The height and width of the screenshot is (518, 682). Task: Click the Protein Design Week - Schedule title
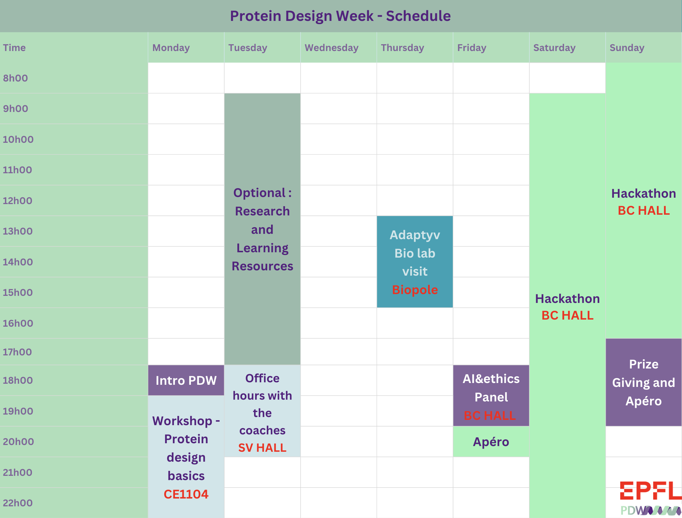[340, 16]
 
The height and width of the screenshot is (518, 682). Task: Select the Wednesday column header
[331, 48]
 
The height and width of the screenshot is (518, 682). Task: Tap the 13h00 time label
[18, 231]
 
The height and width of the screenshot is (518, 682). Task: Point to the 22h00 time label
[18, 503]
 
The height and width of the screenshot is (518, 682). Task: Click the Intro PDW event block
[186, 381]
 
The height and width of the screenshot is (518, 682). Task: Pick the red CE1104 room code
[186, 494]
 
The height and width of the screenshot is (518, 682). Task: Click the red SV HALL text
[262, 448]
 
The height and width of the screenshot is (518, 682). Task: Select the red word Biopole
[415, 290]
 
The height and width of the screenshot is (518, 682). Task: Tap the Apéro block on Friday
[491, 442]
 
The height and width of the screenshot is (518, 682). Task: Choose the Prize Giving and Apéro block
[643, 383]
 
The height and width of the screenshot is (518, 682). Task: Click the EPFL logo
[650, 491]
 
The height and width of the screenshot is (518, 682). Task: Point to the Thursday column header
[402, 48]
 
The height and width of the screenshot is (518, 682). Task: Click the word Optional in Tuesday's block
[259, 193]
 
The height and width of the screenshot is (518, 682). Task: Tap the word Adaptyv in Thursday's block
[415, 235]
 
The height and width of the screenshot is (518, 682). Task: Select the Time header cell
[15, 48]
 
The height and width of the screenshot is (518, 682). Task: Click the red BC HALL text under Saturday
[567, 315]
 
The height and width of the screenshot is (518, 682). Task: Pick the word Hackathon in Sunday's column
[643, 193]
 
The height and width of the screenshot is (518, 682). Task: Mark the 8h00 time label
[16, 78]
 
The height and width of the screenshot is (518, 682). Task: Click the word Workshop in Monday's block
[182, 421]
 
